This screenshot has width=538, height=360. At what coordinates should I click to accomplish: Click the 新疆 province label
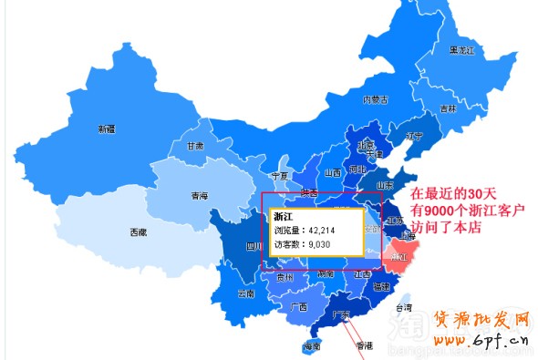pyautogui.click(x=107, y=129)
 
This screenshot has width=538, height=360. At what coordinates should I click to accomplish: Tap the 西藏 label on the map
pyautogui.click(x=138, y=232)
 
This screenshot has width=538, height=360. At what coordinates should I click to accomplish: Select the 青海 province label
pyautogui.click(x=199, y=196)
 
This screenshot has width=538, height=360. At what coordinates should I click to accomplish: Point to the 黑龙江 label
pyautogui.click(x=461, y=50)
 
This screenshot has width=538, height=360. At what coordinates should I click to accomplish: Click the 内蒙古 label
pyautogui.click(x=376, y=99)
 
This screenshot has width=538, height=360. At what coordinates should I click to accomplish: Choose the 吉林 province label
pyautogui.click(x=448, y=108)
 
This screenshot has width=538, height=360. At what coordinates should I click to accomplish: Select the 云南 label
pyautogui.click(x=245, y=294)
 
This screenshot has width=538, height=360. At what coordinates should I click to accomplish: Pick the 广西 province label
pyautogui.click(x=297, y=307)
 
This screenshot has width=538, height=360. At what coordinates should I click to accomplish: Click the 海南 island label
pyautogui.click(x=312, y=346)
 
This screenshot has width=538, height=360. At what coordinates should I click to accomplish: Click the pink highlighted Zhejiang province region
pyautogui.click(x=401, y=251)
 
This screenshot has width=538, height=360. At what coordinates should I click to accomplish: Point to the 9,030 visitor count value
pyautogui.click(x=318, y=244)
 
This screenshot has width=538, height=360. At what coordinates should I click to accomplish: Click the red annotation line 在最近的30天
pyautogui.click(x=453, y=194)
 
